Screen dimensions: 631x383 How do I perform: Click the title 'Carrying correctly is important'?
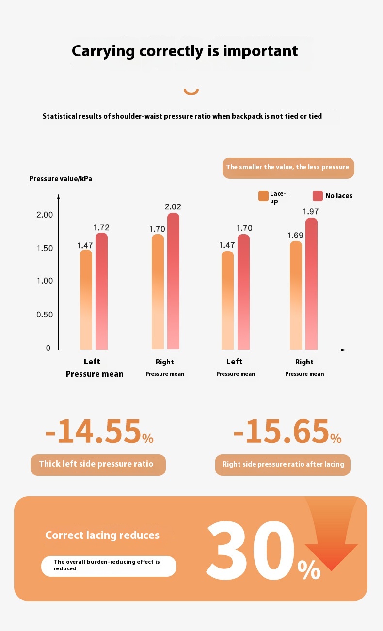click(x=185, y=51)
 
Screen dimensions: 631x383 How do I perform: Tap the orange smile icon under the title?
click(x=191, y=91)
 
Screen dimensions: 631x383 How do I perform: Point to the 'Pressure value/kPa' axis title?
click(x=61, y=179)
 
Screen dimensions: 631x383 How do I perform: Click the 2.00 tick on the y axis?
click(x=45, y=215)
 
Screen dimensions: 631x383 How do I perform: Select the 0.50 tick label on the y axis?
click(x=45, y=315)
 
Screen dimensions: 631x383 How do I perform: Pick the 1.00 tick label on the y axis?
click(x=45, y=281)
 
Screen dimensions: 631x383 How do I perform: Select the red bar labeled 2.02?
click(x=173, y=281)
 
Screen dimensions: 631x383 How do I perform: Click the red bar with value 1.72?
click(x=101, y=291)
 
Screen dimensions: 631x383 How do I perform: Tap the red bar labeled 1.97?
click(x=311, y=284)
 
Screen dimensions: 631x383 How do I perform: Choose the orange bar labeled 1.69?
click(x=296, y=296)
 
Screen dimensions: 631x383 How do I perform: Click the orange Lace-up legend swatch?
click(x=263, y=196)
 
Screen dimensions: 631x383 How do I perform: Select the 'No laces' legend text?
click(x=338, y=196)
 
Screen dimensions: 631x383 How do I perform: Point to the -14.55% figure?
click(x=99, y=432)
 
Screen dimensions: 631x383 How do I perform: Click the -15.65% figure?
click(x=287, y=432)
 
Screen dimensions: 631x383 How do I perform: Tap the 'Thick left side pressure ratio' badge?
click(x=98, y=464)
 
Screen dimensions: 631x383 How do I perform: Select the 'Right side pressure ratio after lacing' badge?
click(x=283, y=464)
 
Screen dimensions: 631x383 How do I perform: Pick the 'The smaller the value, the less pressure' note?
click(x=288, y=168)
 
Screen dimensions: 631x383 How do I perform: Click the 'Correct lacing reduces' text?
click(x=102, y=535)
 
